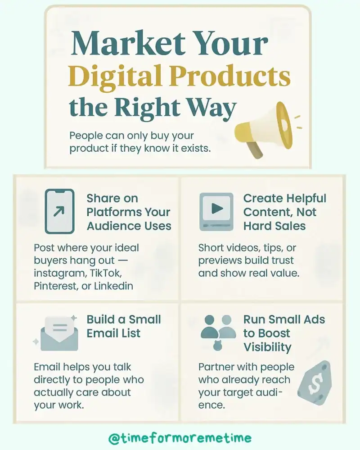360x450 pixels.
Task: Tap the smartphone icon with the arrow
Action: (59, 211)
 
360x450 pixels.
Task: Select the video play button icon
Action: (216, 210)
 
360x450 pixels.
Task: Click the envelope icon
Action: (57, 335)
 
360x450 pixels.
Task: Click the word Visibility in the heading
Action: (267, 347)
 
